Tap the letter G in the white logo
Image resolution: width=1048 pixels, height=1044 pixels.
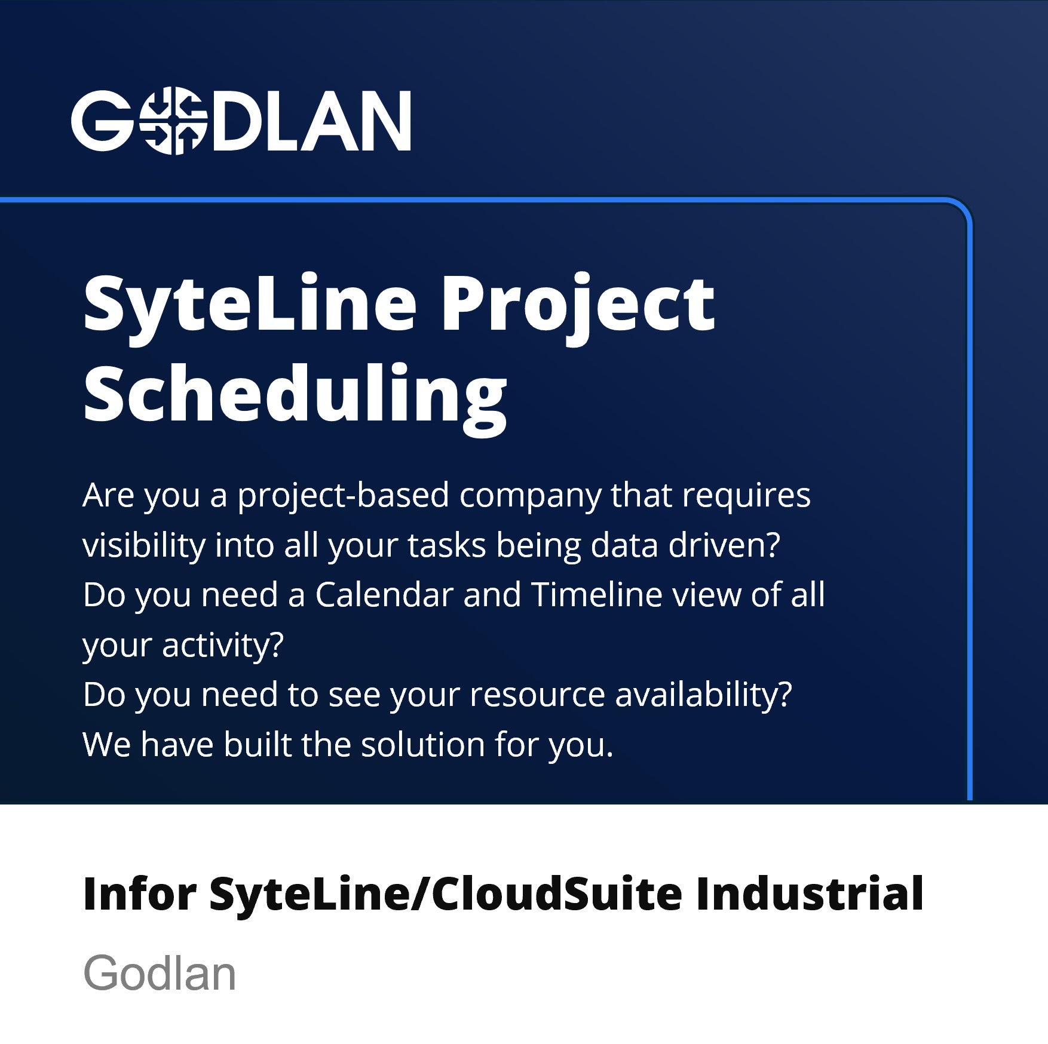pyautogui.click(x=102, y=121)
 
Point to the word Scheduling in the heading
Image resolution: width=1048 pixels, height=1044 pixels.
pyautogui.click(x=295, y=394)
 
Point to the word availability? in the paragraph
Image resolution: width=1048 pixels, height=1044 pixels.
pyautogui.click(x=703, y=695)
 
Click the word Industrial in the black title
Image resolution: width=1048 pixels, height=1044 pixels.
pyautogui.click(x=810, y=894)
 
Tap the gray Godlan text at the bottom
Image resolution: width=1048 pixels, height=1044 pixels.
pyautogui.click(x=160, y=974)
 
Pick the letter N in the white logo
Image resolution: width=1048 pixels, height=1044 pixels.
pyautogui.click(x=381, y=121)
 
